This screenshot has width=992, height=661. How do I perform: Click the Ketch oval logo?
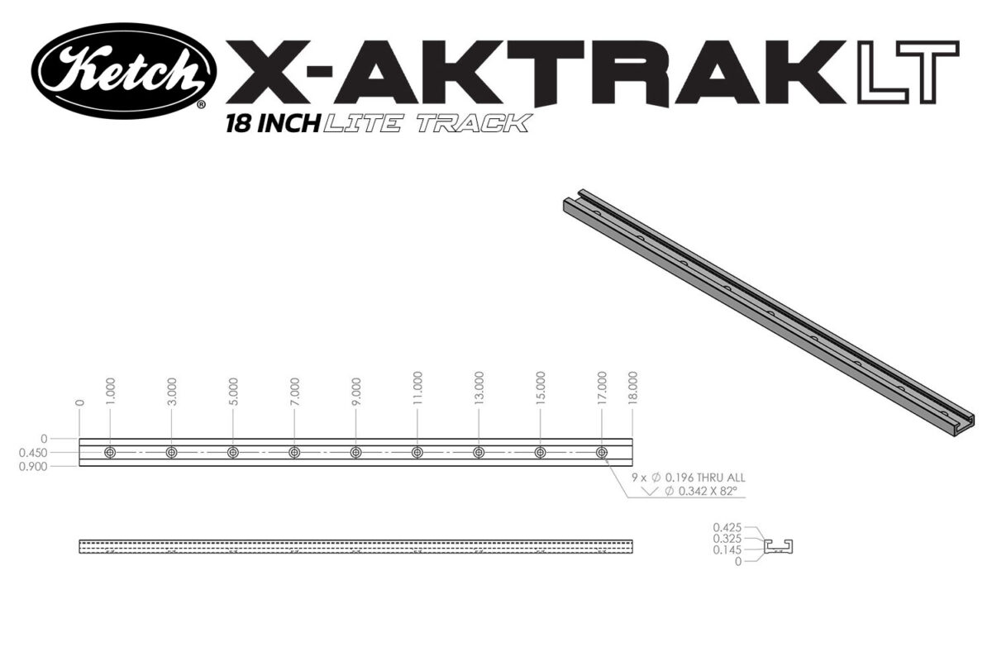click(x=124, y=70)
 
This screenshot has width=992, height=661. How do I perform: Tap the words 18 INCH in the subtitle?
click(x=272, y=125)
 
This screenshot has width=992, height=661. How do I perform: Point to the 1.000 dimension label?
click(x=111, y=390)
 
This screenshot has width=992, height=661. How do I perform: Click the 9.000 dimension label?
click(x=356, y=390)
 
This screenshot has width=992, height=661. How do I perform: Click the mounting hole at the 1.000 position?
click(x=110, y=453)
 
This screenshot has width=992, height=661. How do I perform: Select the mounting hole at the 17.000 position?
click(x=602, y=453)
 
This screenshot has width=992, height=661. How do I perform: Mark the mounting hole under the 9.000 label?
click(x=355, y=453)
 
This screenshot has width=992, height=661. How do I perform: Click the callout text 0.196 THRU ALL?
click(x=700, y=478)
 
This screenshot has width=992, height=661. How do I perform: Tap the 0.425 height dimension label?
click(x=727, y=526)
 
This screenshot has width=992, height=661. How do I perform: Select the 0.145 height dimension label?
click(x=727, y=549)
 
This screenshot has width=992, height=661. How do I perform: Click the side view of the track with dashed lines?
click(x=355, y=547)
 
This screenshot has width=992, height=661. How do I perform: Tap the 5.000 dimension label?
click(x=234, y=390)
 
